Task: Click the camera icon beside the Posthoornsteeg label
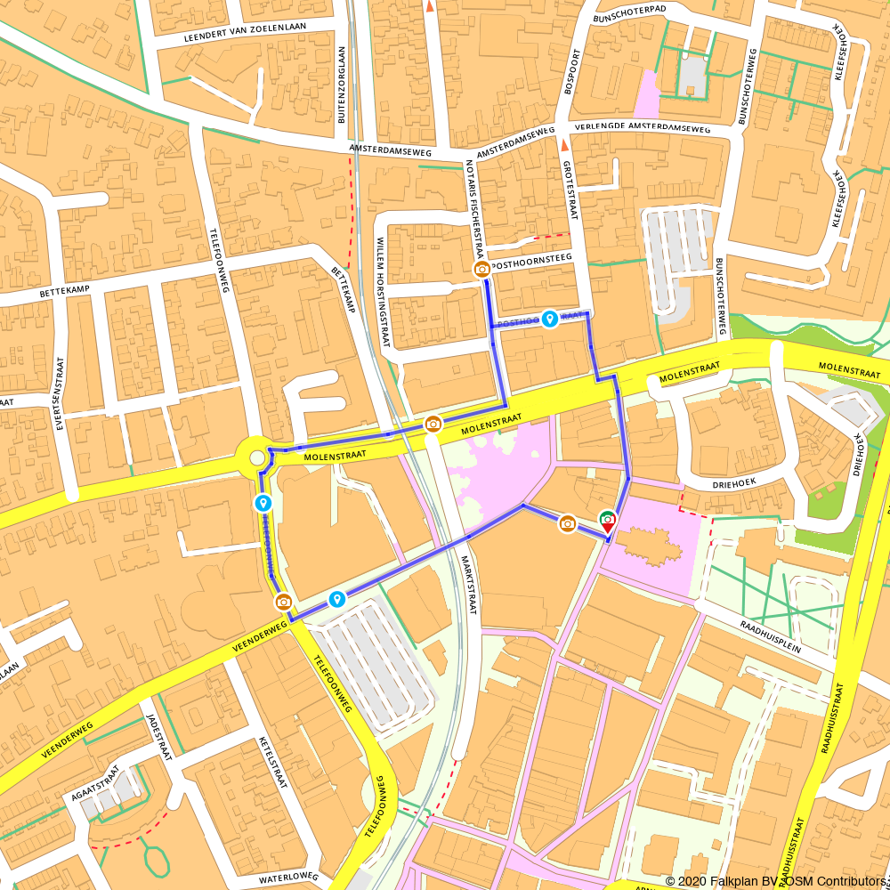pos(481,269)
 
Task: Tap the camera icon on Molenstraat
pos(433,424)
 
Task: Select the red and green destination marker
pos(608,521)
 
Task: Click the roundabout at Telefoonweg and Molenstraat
pos(257,458)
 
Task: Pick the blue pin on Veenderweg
pos(337,599)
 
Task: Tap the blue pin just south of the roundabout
pos(263,504)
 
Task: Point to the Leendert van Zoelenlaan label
pos(244,33)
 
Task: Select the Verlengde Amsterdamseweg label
pos(643,128)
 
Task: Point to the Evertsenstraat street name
pos(61,393)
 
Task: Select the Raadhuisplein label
pos(770,637)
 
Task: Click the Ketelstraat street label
pos(273,763)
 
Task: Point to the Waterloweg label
pos(288,878)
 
